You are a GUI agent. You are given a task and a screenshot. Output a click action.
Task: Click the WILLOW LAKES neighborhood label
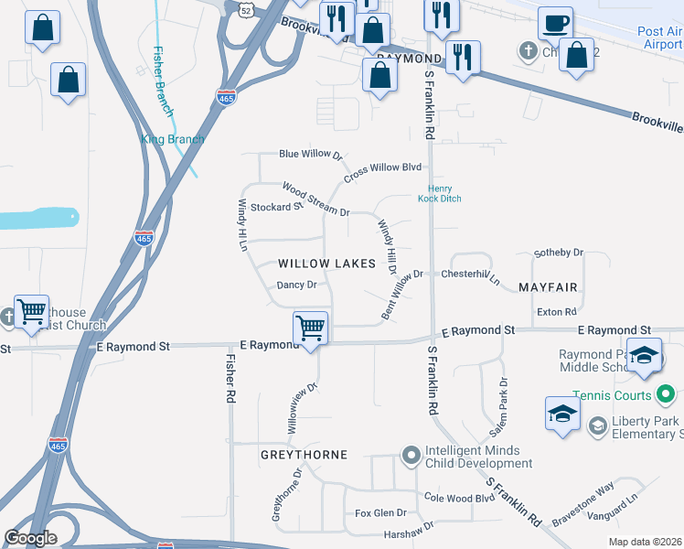pyautogui.click(x=326, y=264)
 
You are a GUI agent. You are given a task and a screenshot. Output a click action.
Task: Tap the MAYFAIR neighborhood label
pyautogui.click(x=548, y=287)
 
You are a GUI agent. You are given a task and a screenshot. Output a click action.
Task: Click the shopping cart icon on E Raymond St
pyautogui.click(x=311, y=328)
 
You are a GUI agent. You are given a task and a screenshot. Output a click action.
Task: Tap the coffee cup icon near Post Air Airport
pyautogui.click(x=555, y=24)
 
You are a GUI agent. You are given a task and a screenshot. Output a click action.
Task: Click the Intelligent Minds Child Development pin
pyautogui.click(x=411, y=455)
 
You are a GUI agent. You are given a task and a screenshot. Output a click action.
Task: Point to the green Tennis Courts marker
pyautogui.click(x=666, y=395)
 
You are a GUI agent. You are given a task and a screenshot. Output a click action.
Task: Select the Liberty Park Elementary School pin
pyautogui.click(x=598, y=425)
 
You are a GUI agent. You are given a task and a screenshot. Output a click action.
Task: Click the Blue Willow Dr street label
pyautogui.click(x=310, y=156)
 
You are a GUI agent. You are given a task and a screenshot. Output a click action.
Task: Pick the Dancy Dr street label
pyautogui.click(x=296, y=285)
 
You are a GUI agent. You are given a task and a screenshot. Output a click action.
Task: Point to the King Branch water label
pyautogui.click(x=173, y=139)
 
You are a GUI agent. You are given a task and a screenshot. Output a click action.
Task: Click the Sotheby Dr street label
pyautogui.click(x=558, y=253)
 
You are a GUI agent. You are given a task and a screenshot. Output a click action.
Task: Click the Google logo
pyautogui.click(x=30, y=538)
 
